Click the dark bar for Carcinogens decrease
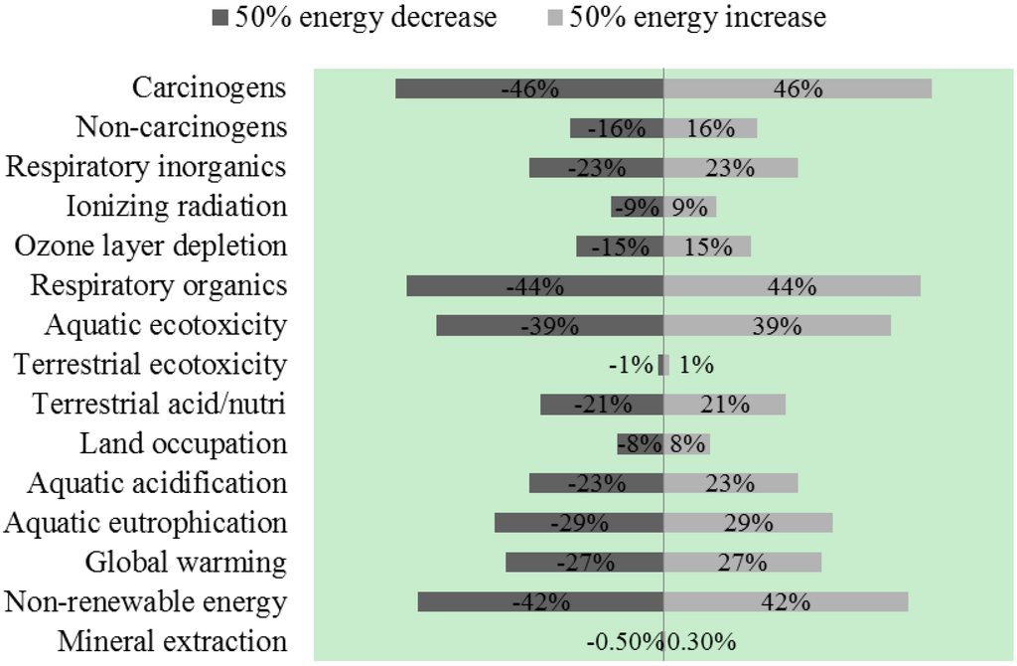[x=529, y=88]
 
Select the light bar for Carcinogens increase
[x=798, y=88]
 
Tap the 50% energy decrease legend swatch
[x=219, y=18]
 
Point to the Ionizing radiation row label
[x=177, y=207]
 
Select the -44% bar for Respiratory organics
[x=534, y=286]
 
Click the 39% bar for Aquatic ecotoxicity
[x=777, y=326]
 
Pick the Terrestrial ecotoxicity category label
[x=150, y=365]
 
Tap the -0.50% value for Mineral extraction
[x=623, y=642]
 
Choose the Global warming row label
[x=186, y=563]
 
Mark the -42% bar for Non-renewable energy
[x=540, y=602]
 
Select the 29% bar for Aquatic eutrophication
[x=748, y=523]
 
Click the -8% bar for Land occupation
[x=640, y=444]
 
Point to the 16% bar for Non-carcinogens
[x=710, y=128]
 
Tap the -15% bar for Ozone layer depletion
[x=620, y=247]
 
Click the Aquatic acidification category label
[x=157, y=484]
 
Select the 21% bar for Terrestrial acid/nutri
[x=724, y=405]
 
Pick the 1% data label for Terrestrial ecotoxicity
[x=696, y=365]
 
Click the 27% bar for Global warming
[x=742, y=563]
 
